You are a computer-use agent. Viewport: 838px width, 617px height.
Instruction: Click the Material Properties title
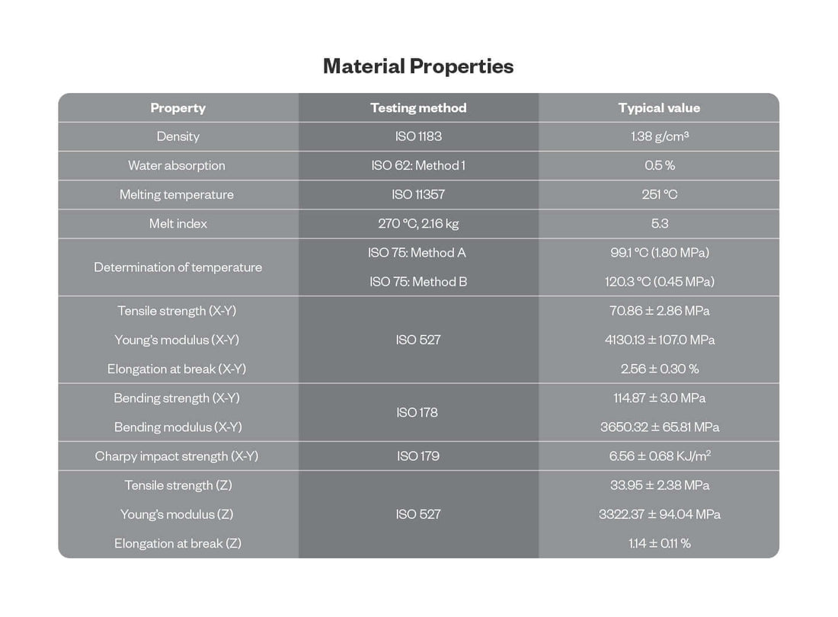(418, 66)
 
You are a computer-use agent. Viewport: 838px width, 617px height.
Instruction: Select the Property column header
(178, 108)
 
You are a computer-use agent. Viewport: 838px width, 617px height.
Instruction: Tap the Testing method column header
(418, 108)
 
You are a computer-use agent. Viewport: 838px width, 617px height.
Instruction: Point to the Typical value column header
(659, 108)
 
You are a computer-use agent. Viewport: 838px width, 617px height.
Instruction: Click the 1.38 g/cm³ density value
(660, 137)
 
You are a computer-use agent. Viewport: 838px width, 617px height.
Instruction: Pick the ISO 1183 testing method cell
(418, 137)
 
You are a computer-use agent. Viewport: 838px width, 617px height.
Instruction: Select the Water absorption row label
(177, 166)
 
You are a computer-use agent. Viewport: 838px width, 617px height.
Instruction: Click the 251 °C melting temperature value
(660, 195)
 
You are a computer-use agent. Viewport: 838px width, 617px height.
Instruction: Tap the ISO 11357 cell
(418, 195)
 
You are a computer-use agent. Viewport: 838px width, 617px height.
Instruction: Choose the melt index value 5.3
(660, 224)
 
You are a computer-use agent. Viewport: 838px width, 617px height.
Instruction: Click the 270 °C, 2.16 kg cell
(418, 224)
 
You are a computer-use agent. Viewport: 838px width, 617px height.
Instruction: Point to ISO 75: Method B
(418, 282)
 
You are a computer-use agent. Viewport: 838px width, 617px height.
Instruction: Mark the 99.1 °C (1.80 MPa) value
(660, 253)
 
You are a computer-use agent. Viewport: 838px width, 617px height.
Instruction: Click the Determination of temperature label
(178, 267)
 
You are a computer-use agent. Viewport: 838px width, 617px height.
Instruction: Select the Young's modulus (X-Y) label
(177, 340)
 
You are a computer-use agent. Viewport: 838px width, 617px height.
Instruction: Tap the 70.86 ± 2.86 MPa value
(660, 311)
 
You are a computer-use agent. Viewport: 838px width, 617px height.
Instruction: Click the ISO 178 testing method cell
(417, 413)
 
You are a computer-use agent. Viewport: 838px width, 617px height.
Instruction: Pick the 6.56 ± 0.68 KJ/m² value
(660, 456)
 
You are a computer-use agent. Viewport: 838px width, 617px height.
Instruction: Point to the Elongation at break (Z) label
(178, 544)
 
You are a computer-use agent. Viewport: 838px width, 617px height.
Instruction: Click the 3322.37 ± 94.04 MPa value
(660, 515)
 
